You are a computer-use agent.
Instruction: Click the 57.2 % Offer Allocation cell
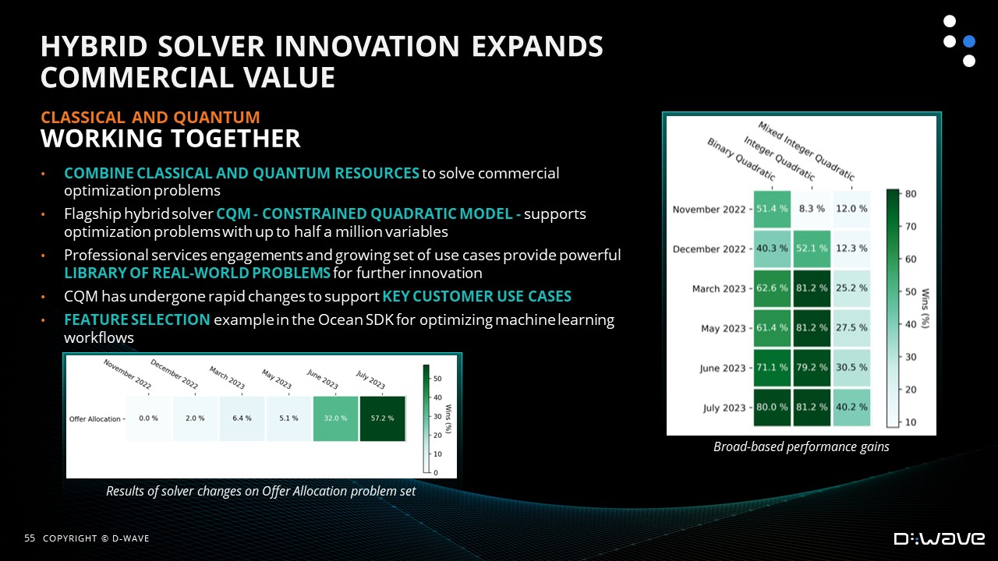pyautogui.click(x=382, y=418)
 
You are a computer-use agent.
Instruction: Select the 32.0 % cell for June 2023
pyautogui.click(x=335, y=418)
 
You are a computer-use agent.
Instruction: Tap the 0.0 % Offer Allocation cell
pyautogui.click(x=148, y=418)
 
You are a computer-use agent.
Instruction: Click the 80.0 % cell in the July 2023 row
pyautogui.click(x=772, y=408)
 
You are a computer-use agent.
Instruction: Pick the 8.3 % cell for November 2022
pyautogui.click(x=812, y=209)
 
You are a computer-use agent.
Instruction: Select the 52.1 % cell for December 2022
pyautogui.click(x=812, y=249)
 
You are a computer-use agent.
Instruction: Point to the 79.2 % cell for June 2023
pyautogui.click(x=812, y=368)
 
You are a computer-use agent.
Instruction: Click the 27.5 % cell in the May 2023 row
pyautogui.click(x=851, y=328)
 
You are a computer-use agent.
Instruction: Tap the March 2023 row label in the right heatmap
pyautogui.click(x=719, y=289)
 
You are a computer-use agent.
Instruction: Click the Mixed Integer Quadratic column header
pyautogui.click(x=806, y=151)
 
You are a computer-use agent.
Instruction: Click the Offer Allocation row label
pyautogui.click(x=95, y=419)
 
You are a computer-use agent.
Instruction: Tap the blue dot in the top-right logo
pyautogui.click(x=969, y=41)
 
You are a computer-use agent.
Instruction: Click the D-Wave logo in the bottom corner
pyautogui.click(x=940, y=538)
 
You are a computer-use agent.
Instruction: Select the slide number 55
pyautogui.click(x=30, y=538)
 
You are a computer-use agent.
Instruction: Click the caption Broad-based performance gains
pyautogui.click(x=801, y=446)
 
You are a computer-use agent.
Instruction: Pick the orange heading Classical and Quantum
pyautogui.click(x=150, y=118)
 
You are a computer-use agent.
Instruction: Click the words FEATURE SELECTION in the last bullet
pyautogui.click(x=136, y=319)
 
